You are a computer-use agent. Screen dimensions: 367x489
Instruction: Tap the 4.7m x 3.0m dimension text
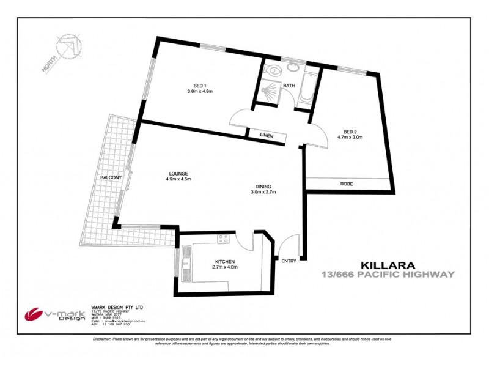(350, 137)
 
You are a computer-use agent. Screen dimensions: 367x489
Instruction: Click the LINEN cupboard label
(266, 135)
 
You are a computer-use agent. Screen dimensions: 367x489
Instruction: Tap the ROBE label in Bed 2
(347, 183)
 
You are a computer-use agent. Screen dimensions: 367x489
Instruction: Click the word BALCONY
(111, 178)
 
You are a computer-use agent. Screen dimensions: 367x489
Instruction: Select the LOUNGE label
(179, 173)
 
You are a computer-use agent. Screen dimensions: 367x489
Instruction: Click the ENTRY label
(289, 261)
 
